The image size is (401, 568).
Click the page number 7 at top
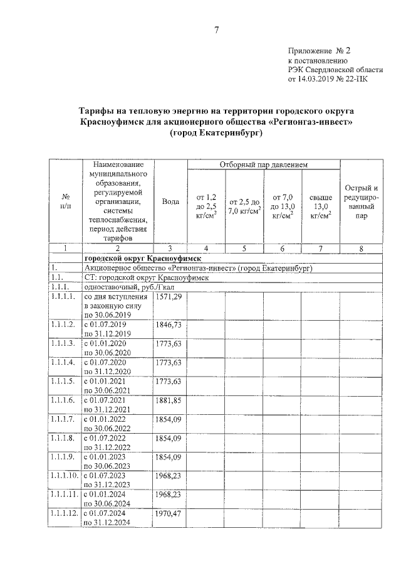click(217, 29)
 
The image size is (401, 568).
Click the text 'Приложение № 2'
click(318, 50)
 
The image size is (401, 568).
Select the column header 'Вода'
click(170, 201)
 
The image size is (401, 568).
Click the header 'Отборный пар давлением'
click(263, 165)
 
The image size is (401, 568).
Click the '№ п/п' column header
click(65, 201)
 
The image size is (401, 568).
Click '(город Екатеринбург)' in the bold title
click(216, 132)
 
